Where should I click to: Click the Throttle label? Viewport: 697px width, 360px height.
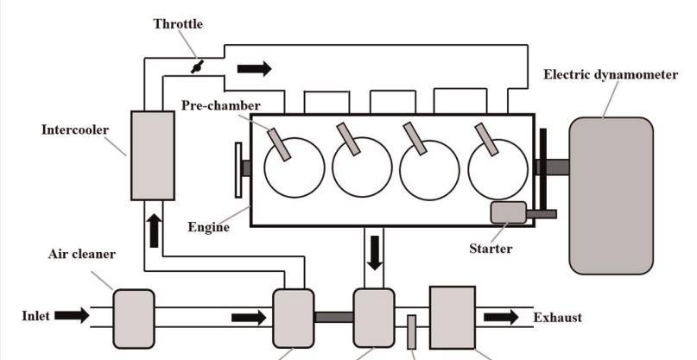(x=179, y=23)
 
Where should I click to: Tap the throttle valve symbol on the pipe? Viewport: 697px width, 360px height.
(x=198, y=66)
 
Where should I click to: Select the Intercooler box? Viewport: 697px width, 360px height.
(x=152, y=155)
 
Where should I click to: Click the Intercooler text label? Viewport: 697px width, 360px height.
(x=76, y=130)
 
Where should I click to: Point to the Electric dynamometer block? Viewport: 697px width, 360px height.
(x=611, y=195)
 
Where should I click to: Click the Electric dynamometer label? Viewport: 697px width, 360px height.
(x=611, y=75)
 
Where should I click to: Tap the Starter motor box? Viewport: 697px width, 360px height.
(x=508, y=212)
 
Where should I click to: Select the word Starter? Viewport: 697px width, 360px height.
(x=491, y=249)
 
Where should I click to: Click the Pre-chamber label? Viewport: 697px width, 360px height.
(x=220, y=106)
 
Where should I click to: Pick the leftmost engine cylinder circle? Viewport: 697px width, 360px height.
(x=294, y=167)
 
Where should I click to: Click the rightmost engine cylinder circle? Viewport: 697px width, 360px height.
(x=498, y=167)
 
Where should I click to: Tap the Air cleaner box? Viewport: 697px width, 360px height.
(x=134, y=316)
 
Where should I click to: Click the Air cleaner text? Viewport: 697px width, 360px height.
(x=82, y=255)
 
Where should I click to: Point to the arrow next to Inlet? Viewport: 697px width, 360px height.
(x=72, y=316)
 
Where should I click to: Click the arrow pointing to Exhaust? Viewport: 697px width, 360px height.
(x=501, y=317)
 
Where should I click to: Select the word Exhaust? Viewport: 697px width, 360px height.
(x=557, y=317)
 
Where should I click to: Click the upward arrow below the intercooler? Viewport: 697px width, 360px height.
(x=153, y=231)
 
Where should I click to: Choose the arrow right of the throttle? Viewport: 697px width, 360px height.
(x=254, y=67)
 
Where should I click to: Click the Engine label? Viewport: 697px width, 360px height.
(x=209, y=228)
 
